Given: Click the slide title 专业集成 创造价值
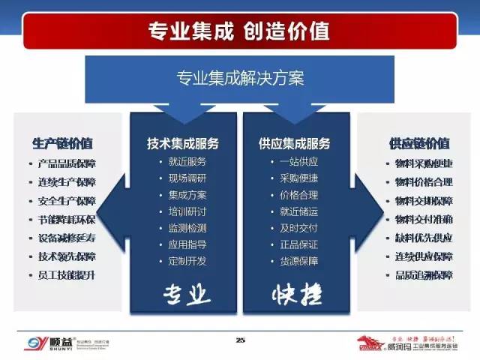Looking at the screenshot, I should pos(239,31).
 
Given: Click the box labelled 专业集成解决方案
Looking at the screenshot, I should pos(239,77).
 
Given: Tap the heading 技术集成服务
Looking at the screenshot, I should pos(182,144).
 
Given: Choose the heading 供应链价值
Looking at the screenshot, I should pos(419,144).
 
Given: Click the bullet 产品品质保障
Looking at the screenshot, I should pos(67,163).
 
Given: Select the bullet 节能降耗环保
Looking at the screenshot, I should pos(67,220).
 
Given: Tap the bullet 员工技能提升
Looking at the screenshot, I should pos(67,275).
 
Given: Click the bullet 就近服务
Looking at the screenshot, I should pos(187,162).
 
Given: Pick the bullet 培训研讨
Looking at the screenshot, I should pos(187,211).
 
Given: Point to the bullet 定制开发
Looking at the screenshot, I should pos(187,262).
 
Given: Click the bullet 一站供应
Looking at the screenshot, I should pos(298,162).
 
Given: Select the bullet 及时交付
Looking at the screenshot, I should pos(298,228).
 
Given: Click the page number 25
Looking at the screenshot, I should pos(240,341).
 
